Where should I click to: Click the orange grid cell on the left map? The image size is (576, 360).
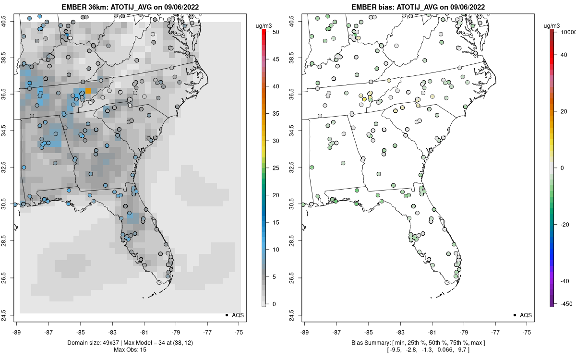tap(88, 91)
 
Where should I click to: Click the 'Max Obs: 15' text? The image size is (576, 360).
tap(130, 349)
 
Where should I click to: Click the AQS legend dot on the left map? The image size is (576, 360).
tap(226, 315)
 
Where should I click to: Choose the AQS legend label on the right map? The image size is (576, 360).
tap(526, 315)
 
